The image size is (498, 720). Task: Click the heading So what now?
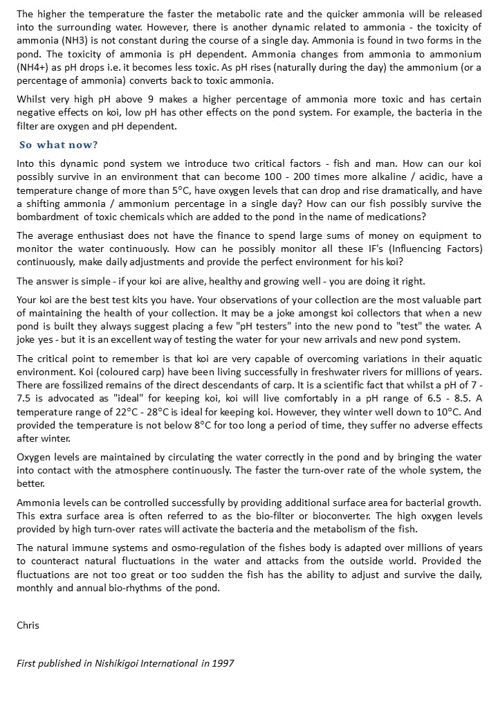tap(59, 145)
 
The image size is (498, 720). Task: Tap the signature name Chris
tap(28, 625)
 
